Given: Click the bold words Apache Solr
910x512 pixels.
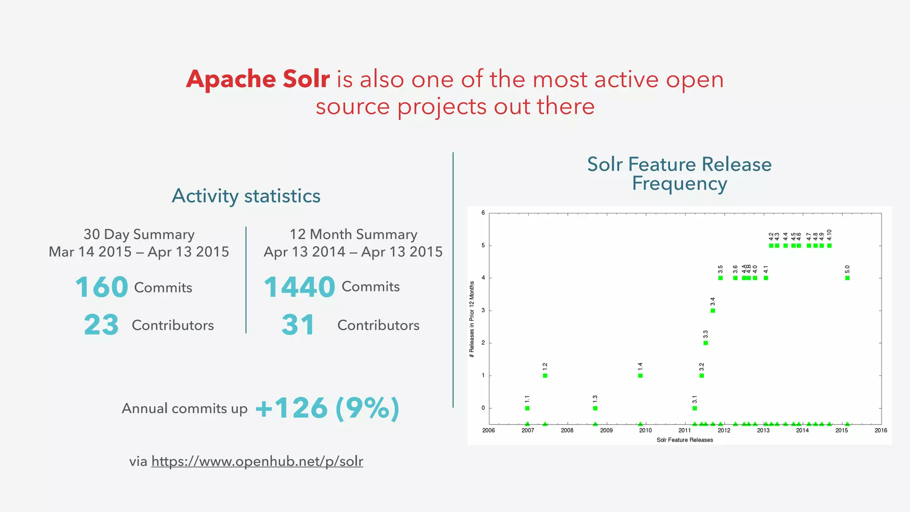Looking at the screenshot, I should [x=258, y=80].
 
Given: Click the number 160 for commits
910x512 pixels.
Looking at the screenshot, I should [x=102, y=287].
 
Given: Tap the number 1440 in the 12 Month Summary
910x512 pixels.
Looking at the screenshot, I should [x=299, y=287].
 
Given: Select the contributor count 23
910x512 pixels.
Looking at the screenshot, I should [x=101, y=325].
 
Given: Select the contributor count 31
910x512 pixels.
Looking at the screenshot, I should [x=298, y=325].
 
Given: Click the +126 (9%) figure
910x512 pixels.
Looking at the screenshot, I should [x=327, y=408].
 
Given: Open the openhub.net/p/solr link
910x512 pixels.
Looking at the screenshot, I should [x=257, y=461].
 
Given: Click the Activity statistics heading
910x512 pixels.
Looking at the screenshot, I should [x=246, y=196].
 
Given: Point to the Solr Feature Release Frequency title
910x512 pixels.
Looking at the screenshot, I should [x=679, y=174].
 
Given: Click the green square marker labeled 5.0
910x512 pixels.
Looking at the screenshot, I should [x=847, y=278].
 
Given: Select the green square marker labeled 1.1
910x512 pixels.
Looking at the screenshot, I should [x=527, y=408].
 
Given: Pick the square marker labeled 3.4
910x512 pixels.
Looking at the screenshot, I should [x=713, y=311].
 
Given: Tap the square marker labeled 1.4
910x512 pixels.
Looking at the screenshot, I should [x=640, y=376].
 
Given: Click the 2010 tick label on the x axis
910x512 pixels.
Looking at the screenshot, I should [x=645, y=430].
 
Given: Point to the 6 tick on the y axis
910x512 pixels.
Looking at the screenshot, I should [x=483, y=213].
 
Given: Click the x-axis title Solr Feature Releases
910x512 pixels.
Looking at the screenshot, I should [x=684, y=440].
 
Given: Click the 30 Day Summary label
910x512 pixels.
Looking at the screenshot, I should [x=139, y=234].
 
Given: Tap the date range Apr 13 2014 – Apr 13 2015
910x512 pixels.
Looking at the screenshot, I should [x=353, y=252].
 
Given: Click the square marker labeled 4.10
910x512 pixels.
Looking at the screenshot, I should [x=829, y=246].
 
